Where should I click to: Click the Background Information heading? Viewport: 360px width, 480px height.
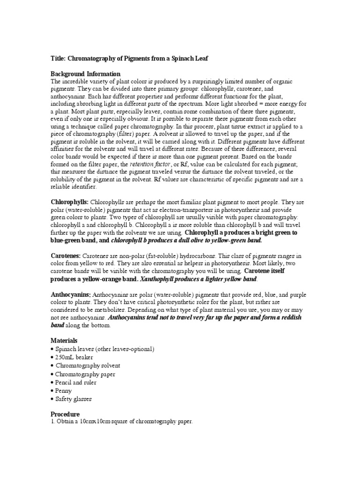pyautogui.click(x=85, y=74)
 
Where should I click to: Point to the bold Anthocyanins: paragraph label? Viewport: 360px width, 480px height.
pyautogui.click(x=71, y=294)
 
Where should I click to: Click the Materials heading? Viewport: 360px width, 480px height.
pyautogui.click(x=64, y=340)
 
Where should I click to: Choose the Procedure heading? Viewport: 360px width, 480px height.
pyautogui.click(x=65, y=414)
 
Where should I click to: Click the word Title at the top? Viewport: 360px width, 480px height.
pyautogui.click(x=58, y=58)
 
